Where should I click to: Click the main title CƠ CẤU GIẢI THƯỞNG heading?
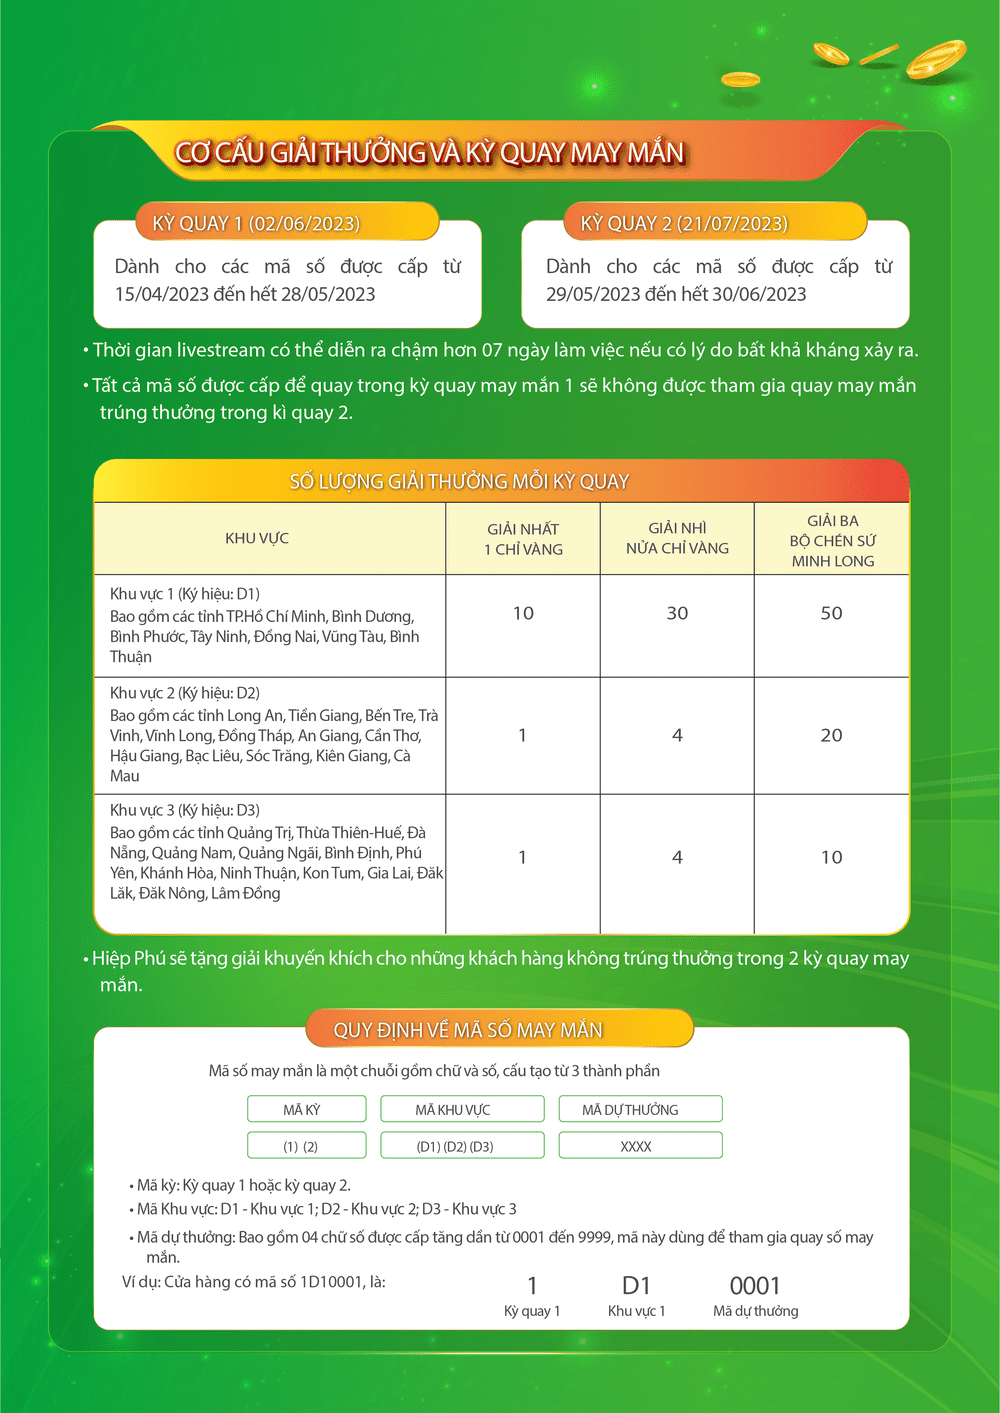click(429, 153)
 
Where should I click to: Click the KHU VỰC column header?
click(257, 538)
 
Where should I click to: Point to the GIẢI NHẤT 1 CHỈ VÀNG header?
click(523, 539)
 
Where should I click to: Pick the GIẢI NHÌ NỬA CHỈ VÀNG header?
click(677, 538)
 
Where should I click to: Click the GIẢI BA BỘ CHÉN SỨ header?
click(832, 540)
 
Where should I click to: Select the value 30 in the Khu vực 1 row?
click(677, 613)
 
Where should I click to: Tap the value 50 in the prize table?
click(831, 613)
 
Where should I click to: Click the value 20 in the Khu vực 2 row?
click(831, 735)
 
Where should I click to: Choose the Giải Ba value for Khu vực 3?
click(831, 857)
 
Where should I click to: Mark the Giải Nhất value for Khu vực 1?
click(523, 613)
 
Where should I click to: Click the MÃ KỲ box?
click(301, 1110)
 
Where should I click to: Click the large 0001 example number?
click(755, 1286)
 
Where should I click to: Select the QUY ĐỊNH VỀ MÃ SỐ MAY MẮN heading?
click(468, 1030)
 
